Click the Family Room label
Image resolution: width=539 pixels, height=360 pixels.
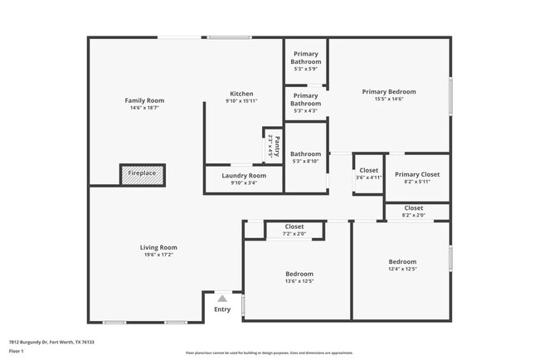(141, 100)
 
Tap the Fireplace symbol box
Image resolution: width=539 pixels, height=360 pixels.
(141, 173)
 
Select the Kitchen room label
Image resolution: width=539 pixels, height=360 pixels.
(241, 94)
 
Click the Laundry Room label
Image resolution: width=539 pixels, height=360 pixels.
(244, 176)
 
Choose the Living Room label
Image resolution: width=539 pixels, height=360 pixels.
(158, 247)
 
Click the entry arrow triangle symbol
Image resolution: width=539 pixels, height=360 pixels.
(221, 299)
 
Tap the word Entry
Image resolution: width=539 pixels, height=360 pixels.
(222, 309)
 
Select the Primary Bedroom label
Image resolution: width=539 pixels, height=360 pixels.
(389, 91)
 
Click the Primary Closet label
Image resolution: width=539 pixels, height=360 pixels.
(417, 174)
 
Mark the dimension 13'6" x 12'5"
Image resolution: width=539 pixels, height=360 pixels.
(299, 281)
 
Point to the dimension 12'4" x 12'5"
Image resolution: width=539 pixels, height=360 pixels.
(402, 269)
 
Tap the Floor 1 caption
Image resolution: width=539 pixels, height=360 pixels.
(17, 351)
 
